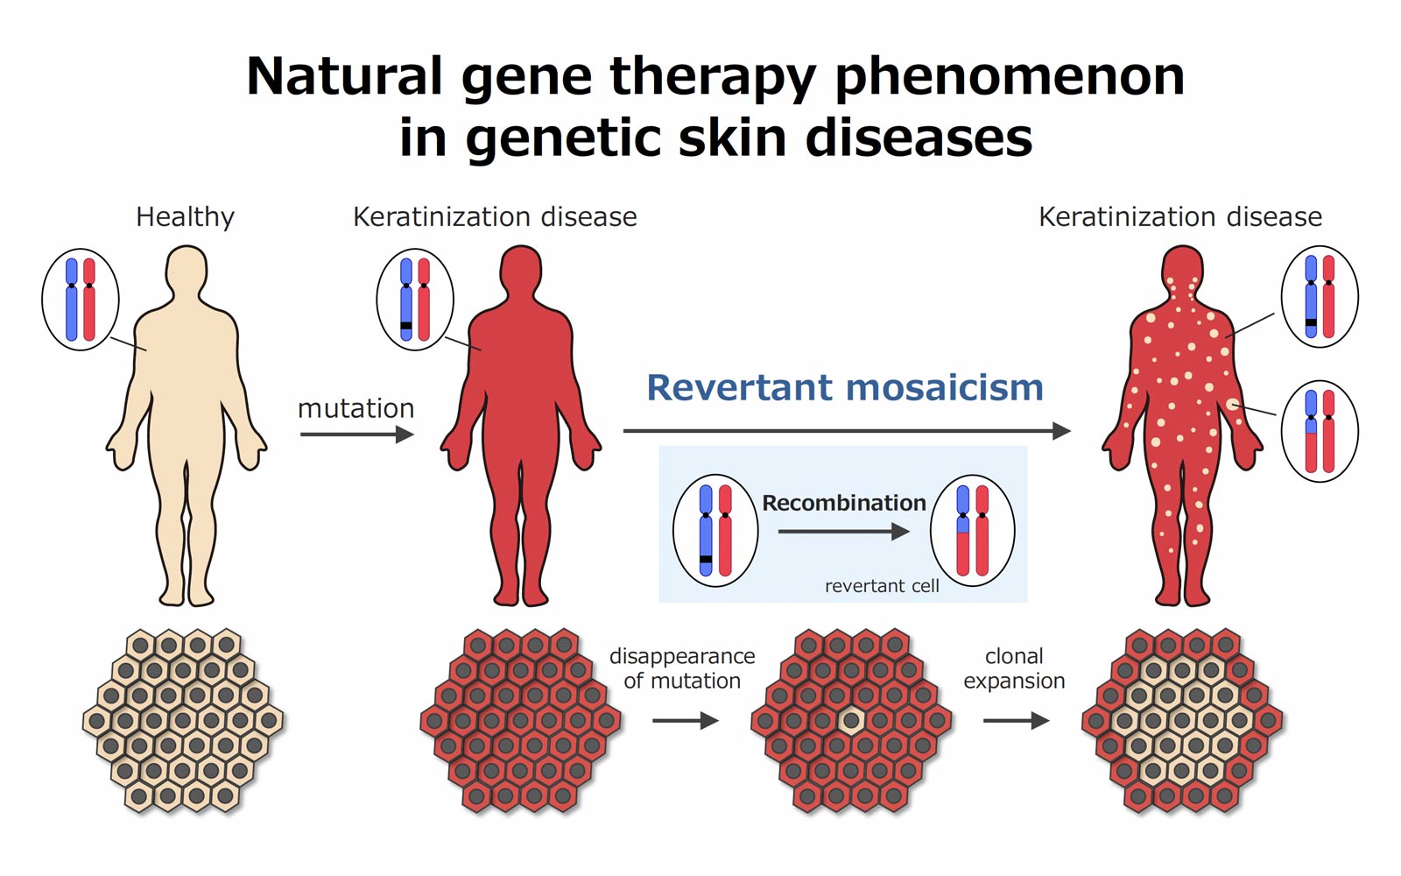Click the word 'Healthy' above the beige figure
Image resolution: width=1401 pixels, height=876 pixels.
185,218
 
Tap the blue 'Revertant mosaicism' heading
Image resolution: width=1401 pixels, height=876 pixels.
845,387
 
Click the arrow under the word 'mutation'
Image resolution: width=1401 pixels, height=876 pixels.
357,434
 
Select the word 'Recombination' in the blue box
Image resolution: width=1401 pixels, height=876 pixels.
844,503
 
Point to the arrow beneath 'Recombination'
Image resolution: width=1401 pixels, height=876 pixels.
844,532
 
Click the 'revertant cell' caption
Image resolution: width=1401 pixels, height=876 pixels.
882,586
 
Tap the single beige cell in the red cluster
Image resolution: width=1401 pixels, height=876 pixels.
850,721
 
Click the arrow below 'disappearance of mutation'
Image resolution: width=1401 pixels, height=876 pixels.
685,721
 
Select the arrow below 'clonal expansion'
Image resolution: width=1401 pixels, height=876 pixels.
1016,721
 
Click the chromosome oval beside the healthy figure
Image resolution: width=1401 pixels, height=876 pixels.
80,300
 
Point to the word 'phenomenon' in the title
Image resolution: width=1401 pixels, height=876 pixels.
1010,77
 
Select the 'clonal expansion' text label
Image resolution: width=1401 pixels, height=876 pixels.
1014,668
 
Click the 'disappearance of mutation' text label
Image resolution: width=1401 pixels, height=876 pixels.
682,668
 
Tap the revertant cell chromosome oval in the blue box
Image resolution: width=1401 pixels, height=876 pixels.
973,531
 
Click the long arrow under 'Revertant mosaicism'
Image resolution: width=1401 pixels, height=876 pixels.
847,431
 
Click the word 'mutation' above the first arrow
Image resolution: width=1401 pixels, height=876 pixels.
356,408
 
